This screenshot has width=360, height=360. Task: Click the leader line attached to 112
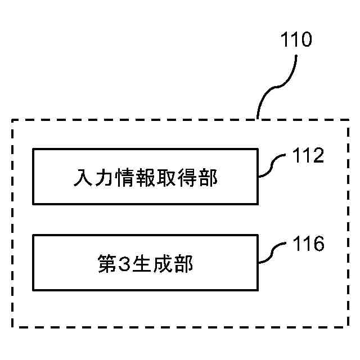pyautogui.click(x=273, y=166)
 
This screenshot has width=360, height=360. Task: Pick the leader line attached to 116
pyautogui.click(x=273, y=255)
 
